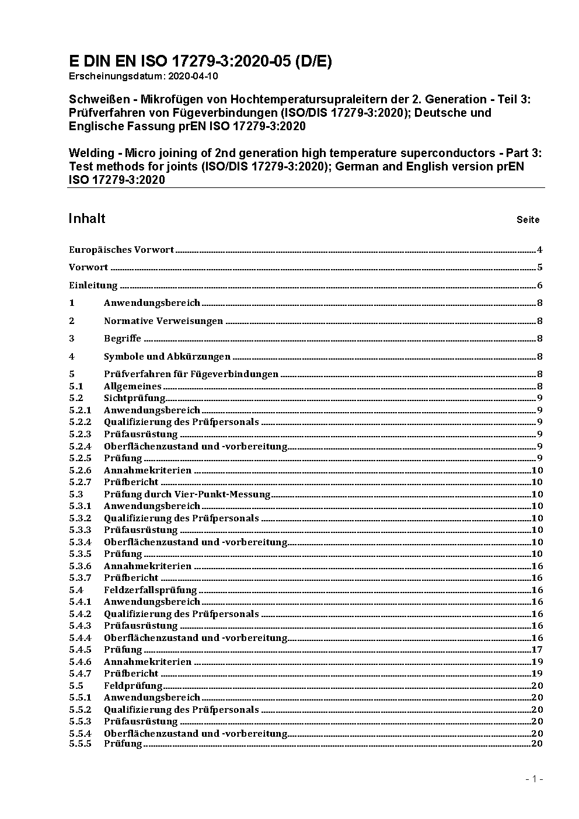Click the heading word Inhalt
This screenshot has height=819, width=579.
[87, 218]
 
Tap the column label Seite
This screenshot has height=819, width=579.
[528, 220]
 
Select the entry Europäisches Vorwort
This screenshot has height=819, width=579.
[121, 250]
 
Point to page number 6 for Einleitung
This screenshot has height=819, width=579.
[540, 285]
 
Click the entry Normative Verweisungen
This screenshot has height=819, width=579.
[163, 321]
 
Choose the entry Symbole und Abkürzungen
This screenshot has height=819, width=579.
[167, 357]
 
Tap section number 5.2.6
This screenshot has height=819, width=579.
[80, 470]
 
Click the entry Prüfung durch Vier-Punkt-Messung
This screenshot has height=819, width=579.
[187, 494]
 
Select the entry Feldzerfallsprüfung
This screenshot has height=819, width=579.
[150, 590]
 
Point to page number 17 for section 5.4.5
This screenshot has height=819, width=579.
[537, 650]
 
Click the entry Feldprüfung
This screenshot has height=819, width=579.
[133, 686]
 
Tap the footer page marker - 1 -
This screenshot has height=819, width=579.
[533, 779]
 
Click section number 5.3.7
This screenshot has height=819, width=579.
[80, 578]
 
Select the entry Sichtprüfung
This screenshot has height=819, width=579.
[134, 398]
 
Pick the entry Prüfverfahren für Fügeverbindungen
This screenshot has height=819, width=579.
[191, 374]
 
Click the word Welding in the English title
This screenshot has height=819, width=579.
[92, 153]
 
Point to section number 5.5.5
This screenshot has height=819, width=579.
[80, 744]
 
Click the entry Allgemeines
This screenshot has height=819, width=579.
[132, 386]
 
